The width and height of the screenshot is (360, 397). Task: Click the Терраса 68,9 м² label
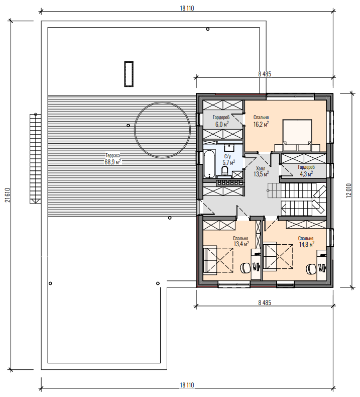click(112, 159)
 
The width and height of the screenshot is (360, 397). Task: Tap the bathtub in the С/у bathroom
click(209, 163)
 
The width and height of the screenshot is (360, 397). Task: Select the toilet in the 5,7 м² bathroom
click(225, 170)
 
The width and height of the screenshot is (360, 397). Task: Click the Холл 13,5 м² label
click(261, 171)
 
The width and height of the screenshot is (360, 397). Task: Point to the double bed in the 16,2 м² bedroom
click(297, 136)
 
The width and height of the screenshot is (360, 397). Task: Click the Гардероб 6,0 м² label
click(221, 121)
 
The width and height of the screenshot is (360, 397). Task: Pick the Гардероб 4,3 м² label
click(306, 170)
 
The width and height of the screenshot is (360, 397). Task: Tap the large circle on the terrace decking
click(162, 103)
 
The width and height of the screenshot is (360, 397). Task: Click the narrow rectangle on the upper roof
click(129, 74)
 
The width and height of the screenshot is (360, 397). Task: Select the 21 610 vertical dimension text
click(8, 195)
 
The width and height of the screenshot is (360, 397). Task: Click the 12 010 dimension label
click(349, 190)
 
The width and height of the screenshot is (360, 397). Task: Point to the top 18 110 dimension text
click(187, 9)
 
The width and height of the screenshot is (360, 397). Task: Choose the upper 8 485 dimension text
click(265, 74)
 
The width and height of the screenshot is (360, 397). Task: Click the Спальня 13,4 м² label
click(241, 241)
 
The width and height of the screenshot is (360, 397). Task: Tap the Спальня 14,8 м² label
click(306, 241)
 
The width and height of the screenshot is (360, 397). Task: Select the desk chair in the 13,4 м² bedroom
click(245, 268)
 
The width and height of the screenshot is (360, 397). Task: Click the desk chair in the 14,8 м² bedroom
click(311, 269)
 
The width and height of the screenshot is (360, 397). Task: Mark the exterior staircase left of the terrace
click(35, 159)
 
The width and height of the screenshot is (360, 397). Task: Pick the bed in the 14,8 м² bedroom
click(278, 256)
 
